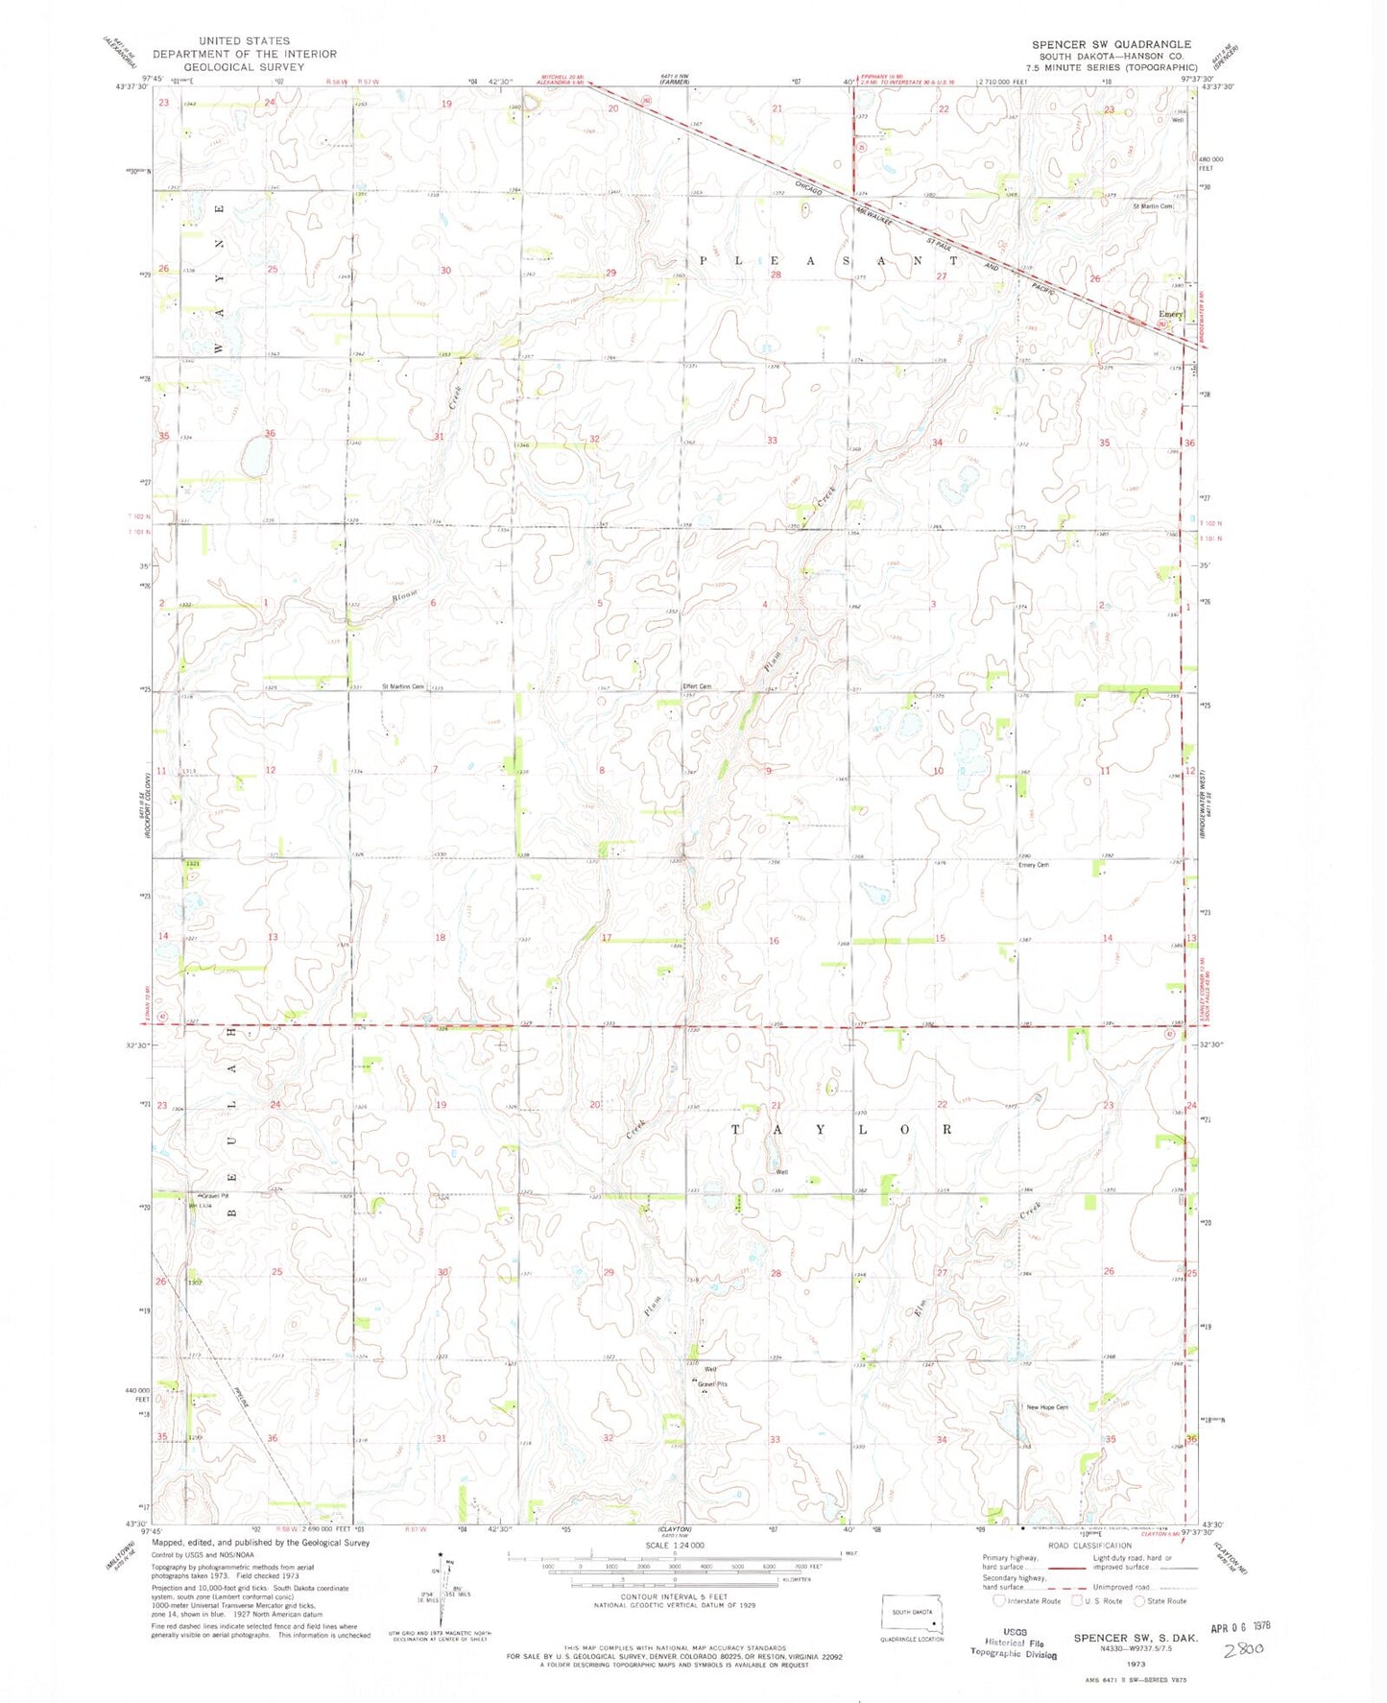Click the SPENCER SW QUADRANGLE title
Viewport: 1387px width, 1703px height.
(x=1112, y=44)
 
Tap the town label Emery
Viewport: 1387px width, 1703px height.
(x=1170, y=314)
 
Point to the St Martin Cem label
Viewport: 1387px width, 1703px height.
(x=1153, y=206)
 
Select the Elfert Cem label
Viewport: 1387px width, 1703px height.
(x=697, y=686)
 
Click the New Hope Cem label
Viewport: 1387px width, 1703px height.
(x=1047, y=1407)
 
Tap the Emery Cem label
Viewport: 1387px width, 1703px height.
(x=1033, y=865)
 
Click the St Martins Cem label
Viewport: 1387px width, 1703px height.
(x=403, y=686)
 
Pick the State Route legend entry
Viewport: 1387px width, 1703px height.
(x=1160, y=1600)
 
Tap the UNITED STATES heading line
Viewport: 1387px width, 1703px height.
(x=244, y=41)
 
